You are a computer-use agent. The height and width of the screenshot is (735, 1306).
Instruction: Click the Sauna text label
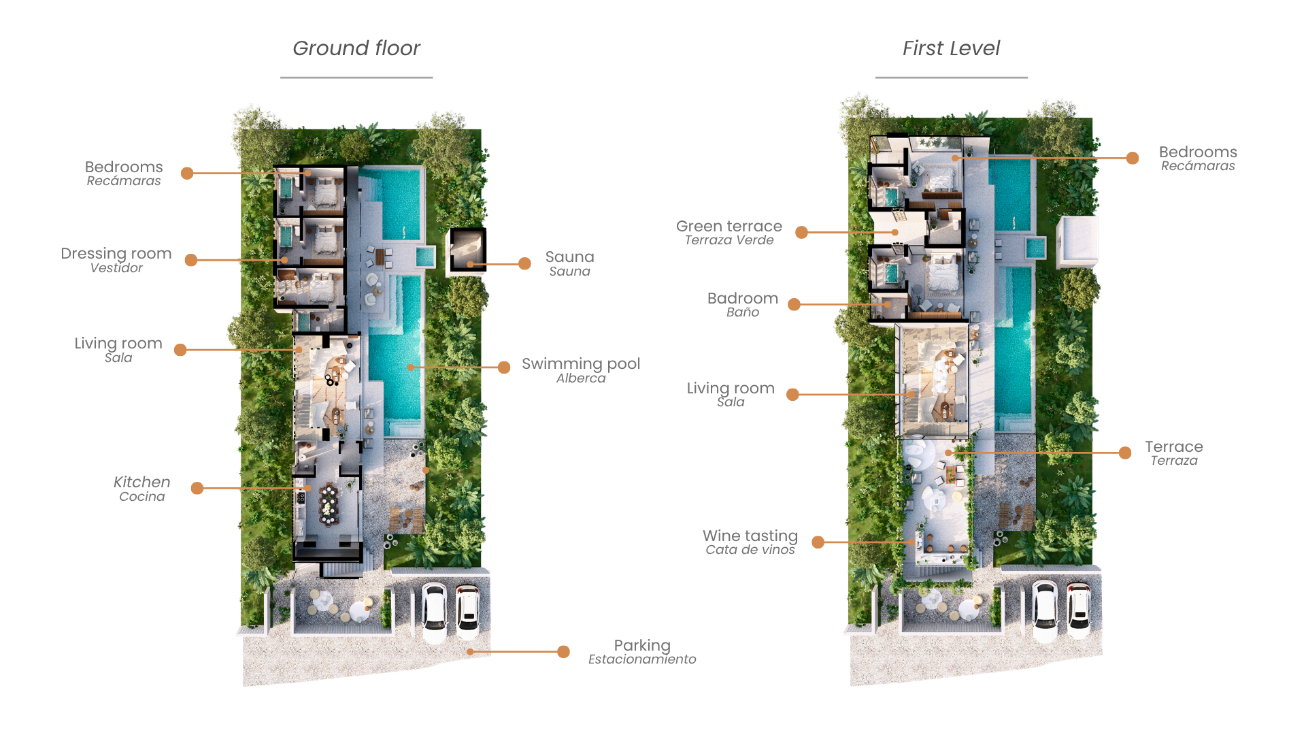tap(569, 264)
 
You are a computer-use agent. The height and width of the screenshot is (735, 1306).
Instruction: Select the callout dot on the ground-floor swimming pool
tap(410, 367)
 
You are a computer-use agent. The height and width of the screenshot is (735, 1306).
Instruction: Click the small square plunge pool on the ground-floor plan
tap(424, 256)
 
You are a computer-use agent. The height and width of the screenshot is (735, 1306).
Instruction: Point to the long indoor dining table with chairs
tap(329, 504)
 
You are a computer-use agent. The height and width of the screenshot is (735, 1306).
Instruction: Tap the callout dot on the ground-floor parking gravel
tap(469, 651)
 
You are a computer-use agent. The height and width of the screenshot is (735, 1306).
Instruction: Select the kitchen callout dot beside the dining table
tap(308, 488)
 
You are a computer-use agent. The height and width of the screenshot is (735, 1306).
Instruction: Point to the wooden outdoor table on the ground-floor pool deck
tap(380, 257)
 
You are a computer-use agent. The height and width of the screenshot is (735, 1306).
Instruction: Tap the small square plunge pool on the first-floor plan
tap(1034, 248)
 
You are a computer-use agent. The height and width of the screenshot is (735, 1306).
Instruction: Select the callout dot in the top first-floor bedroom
tap(955, 158)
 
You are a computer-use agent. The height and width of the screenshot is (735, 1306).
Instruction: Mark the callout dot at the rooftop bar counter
tap(913, 542)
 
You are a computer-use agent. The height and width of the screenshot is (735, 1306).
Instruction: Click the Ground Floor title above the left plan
tap(354, 57)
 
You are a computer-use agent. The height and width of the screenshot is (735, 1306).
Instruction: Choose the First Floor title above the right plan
tap(950, 57)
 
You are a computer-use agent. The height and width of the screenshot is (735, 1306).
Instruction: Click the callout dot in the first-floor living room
tap(913, 394)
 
